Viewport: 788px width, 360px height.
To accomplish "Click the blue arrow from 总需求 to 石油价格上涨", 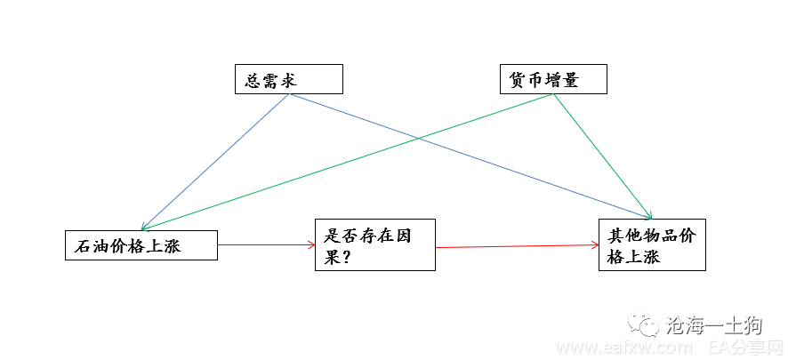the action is (215, 162).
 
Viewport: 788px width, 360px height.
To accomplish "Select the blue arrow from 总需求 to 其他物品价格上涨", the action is (470, 156).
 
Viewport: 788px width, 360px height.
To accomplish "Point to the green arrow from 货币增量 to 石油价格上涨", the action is (347, 162).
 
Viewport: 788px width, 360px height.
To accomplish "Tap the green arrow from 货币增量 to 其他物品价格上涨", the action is (602, 156).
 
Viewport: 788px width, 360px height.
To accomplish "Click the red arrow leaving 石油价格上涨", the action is (266, 244).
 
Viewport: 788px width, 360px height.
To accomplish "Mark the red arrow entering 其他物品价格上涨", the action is (517, 246).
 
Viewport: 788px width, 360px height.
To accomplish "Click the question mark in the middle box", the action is (345, 259).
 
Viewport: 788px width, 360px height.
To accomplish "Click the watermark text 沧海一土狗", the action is (713, 326).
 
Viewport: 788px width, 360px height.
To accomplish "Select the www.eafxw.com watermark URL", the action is (624, 348).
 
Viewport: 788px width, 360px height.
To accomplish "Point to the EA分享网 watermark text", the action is (747, 348).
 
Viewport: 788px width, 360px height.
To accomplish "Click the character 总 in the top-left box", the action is (253, 80).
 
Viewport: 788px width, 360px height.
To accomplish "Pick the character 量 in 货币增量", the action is (570, 80).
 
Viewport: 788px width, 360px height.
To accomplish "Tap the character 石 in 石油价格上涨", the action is (83, 246).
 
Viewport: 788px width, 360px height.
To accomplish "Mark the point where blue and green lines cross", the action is (419, 138).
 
